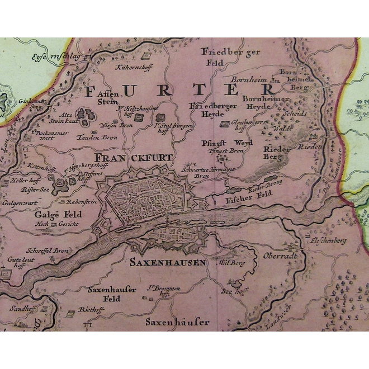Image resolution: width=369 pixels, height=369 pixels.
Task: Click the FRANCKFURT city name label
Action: [x=133, y=158]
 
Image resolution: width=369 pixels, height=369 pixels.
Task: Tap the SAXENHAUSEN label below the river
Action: [x=168, y=262]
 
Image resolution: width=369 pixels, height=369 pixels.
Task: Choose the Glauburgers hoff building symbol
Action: [x=225, y=124]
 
